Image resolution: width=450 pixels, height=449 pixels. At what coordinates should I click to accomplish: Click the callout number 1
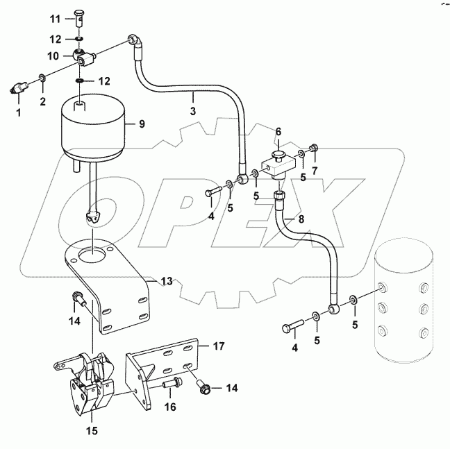(19, 111)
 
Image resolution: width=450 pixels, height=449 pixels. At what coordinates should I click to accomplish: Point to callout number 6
(278, 130)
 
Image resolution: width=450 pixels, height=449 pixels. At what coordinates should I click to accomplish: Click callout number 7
(315, 171)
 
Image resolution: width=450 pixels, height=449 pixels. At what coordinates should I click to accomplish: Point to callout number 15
(91, 431)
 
